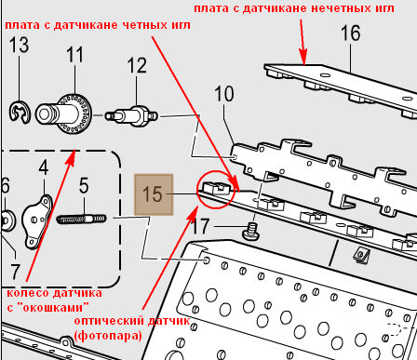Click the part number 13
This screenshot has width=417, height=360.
pyautogui.click(x=20, y=45)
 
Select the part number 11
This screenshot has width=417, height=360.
pyautogui.click(x=75, y=55)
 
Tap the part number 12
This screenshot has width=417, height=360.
pyautogui.click(x=137, y=65)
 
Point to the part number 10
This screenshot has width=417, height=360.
pyautogui.click(x=224, y=94)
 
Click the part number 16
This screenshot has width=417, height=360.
pyautogui.click(x=351, y=33)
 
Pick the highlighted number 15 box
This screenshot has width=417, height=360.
pyautogui.click(x=154, y=194)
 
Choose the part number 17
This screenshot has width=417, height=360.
pyautogui.click(x=200, y=226)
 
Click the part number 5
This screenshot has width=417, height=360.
pyautogui.click(x=84, y=185)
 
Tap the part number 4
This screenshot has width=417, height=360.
pyautogui.click(x=44, y=167)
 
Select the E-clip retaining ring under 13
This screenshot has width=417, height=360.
pyautogui.click(x=20, y=113)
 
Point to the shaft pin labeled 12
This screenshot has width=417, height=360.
pyautogui.click(x=131, y=115)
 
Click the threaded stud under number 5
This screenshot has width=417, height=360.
pyautogui.click(x=82, y=219)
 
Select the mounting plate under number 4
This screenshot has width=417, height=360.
pyautogui.click(x=37, y=221)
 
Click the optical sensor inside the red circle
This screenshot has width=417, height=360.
pyautogui.click(x=217, y=188)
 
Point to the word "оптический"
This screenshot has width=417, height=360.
pyautogui.click(x=110, y=321)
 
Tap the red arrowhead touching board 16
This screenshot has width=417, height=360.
pyautogui.click(x=303, y=58)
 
